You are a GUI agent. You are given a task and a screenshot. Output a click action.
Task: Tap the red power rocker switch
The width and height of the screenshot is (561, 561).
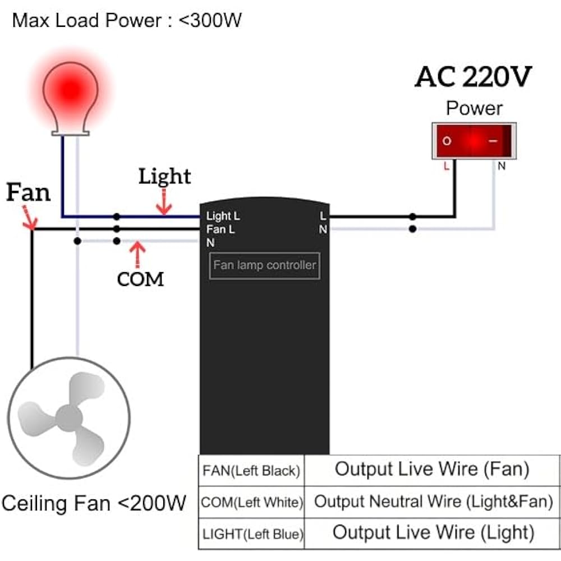coord(474,141)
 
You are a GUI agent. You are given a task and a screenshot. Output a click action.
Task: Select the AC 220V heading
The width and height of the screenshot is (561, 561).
coord(473,76)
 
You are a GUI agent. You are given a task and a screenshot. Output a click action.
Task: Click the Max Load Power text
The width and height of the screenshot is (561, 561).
coord(127,20)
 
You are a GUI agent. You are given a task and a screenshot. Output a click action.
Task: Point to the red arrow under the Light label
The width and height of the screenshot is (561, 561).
coord(164,202)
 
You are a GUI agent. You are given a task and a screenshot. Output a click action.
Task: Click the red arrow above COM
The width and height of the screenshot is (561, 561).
coord(137,255)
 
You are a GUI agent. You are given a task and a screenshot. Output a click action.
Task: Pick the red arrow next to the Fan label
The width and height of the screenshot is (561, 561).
coord(29,218)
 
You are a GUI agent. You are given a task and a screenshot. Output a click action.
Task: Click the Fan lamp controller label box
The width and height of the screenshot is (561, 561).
coord(265,265)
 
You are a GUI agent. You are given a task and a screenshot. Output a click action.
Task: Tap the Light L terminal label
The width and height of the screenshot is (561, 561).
coord(223,216)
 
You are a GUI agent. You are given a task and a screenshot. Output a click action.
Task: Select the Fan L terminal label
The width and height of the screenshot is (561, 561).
coord(220,229)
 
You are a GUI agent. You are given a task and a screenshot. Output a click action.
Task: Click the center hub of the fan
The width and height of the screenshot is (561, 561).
coord(68,418)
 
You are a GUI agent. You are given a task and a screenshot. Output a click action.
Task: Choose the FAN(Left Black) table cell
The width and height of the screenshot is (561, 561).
coord(251,471)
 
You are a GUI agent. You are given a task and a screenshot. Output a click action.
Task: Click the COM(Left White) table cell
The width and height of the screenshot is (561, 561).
coord(251,502)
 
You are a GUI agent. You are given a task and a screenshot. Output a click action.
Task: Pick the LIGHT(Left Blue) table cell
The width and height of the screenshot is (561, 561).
coord(251,534)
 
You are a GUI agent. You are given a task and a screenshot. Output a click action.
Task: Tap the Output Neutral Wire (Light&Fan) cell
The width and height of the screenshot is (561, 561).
coord(432,502)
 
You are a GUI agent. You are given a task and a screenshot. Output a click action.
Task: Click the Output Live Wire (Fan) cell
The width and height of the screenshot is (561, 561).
coord(432,471)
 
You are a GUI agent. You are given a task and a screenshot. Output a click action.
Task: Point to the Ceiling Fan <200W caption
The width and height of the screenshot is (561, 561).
coord(94,503)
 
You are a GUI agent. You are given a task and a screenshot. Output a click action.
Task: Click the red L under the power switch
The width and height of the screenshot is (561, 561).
coord(446,167)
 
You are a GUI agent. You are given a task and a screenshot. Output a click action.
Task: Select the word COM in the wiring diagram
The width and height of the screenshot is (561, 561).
coord(140,279)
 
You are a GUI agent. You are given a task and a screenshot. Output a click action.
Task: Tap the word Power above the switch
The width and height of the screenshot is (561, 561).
coord(474,108)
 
